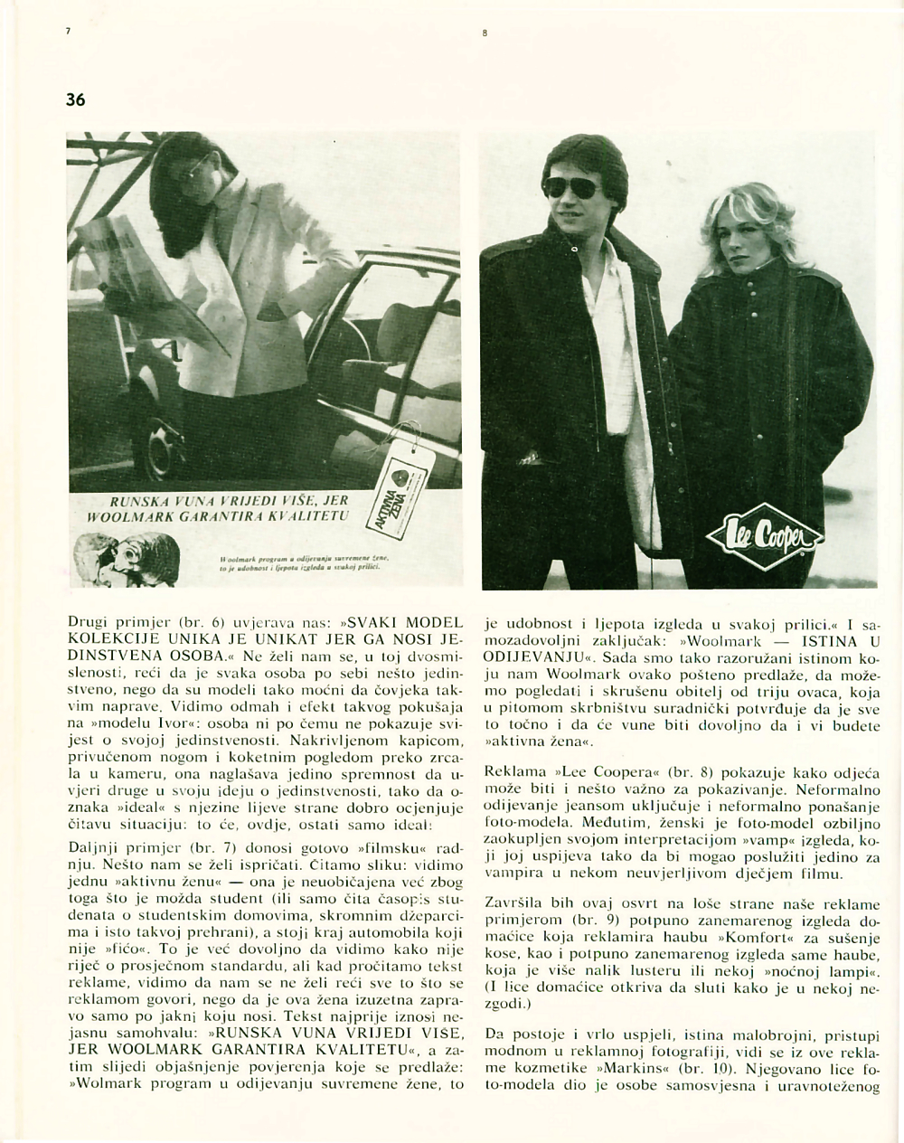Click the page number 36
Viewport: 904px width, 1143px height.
pos(75,100)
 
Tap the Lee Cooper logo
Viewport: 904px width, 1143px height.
pos(768,541)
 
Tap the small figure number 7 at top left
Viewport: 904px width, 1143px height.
pos(68,33)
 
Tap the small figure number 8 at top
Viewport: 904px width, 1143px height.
pos(485,33)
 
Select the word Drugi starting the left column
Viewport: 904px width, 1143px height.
pos(87,624)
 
